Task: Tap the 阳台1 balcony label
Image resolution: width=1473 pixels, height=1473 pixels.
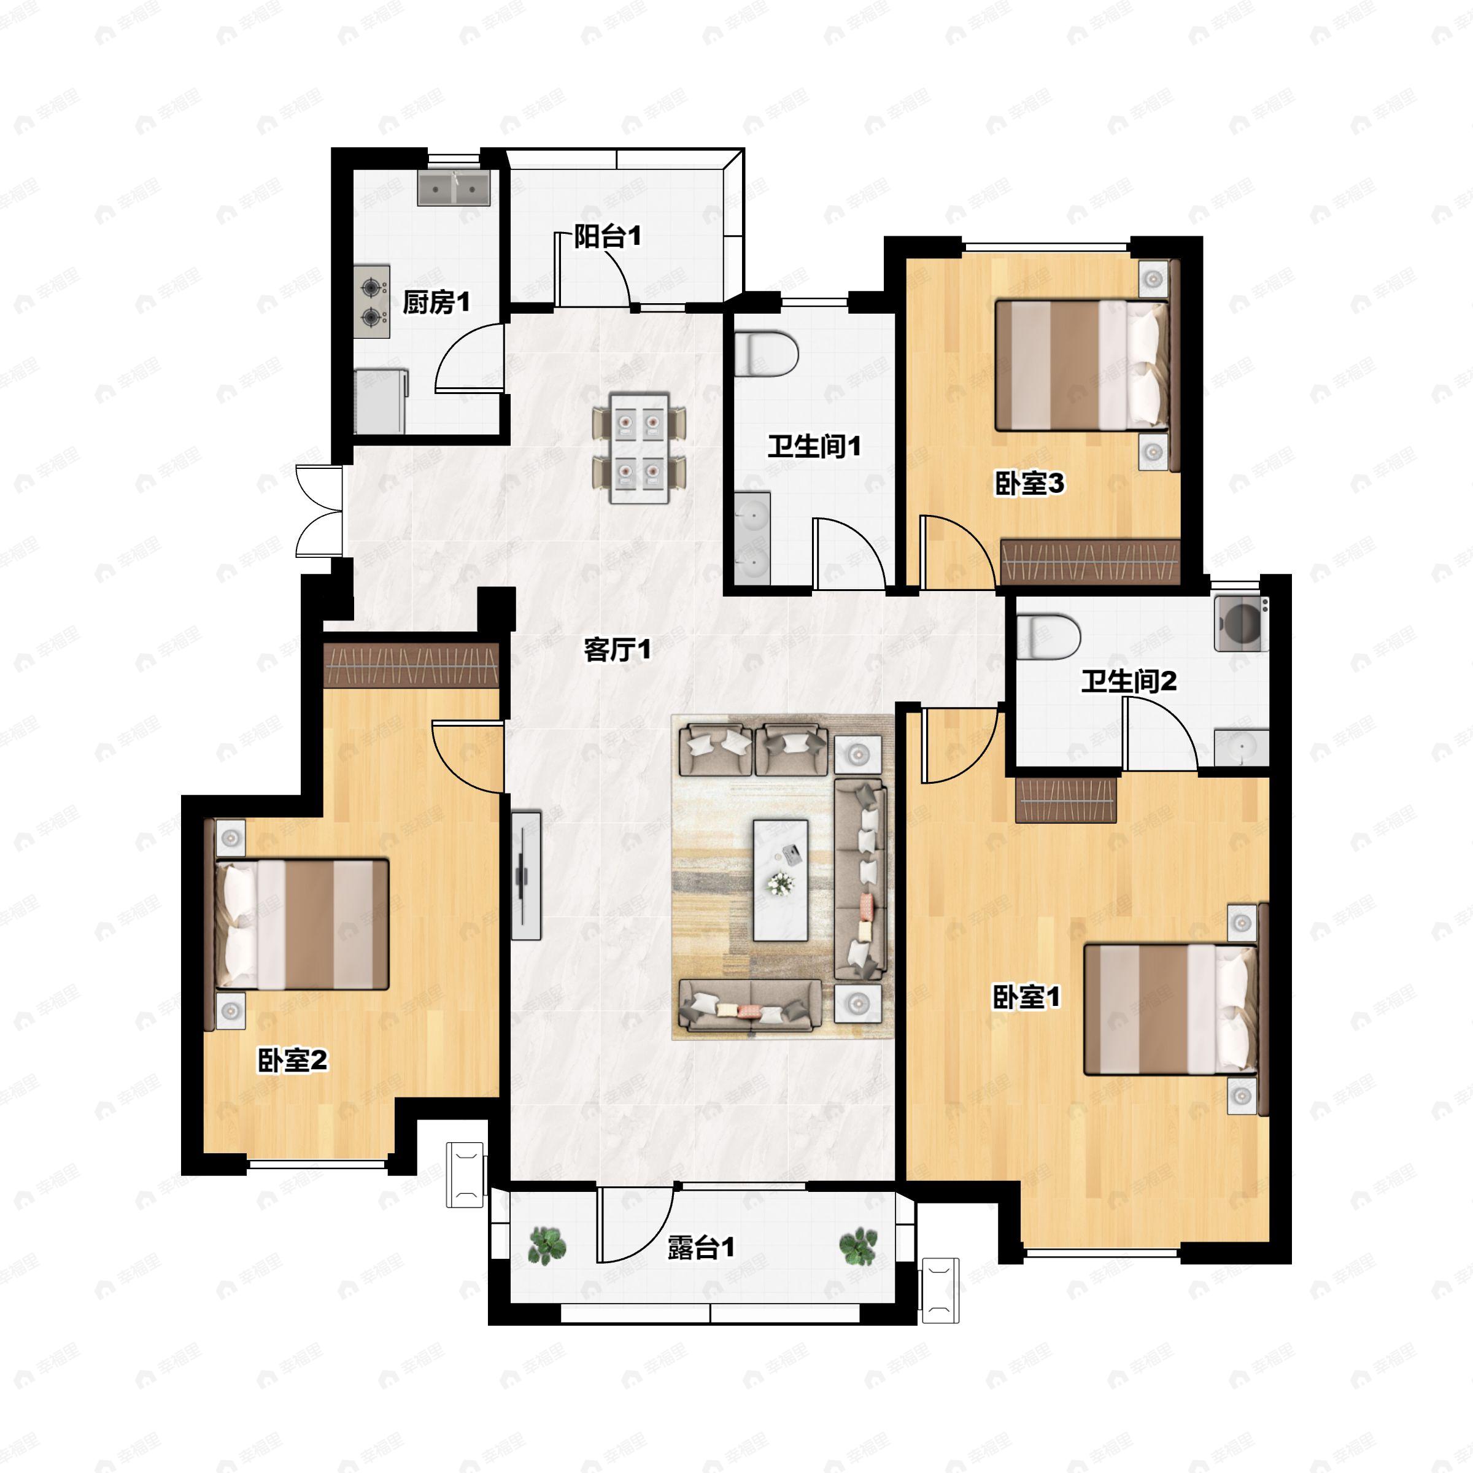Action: pyautogui.click(x=607, y=236)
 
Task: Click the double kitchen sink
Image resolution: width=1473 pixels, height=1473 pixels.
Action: pyautogui.click(x=453, y=188)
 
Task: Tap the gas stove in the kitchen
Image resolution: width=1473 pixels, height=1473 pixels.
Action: pyautogui.click(x=372, y=302)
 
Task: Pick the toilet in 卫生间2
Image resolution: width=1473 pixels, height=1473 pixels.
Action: pyautogui.click(x=1049, y=636)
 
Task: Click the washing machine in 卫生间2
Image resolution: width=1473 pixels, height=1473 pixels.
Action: pyautogui.click(x=1241, y=624)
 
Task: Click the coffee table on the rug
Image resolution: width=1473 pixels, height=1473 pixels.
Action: pyautogui.click(x=781, y=881)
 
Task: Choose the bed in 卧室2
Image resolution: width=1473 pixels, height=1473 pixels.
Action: pyautogui.click(x=302, y=925)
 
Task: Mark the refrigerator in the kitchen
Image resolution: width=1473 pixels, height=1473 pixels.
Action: pyautogui.click(x=381, y=401)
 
